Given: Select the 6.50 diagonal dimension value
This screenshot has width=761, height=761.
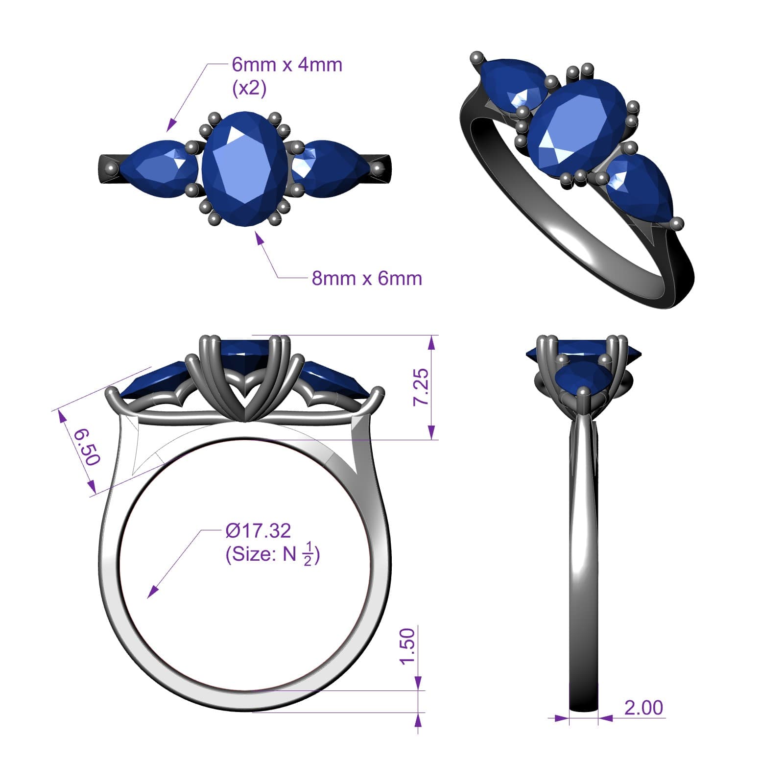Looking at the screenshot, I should pyautogui.click(x=87, y=446).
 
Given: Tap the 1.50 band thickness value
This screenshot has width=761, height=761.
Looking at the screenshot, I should pyautogui.click(x=407, y=646).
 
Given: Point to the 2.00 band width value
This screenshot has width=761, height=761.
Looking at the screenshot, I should pyautogui.click(x=643, y=708).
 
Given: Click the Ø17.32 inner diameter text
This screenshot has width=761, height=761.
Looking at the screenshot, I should pyautogui.click(x=258, y=530).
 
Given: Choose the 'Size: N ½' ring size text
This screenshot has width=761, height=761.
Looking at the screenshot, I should pyautogui.click(x=272, y=555).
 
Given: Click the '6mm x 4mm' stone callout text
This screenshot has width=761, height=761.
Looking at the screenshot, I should pyautogui.click(x=287, y=65).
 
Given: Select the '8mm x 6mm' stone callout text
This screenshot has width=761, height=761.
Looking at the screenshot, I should pyautogui.click(x=367, y=278).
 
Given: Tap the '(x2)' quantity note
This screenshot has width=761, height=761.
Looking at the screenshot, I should pyautogui.click(x=249, y=88).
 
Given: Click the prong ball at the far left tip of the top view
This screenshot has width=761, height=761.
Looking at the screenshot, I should pyautogui.click(x=112, y=168).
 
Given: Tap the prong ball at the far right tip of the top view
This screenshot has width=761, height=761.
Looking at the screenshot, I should pyautogui.click(x=377, y=169).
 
